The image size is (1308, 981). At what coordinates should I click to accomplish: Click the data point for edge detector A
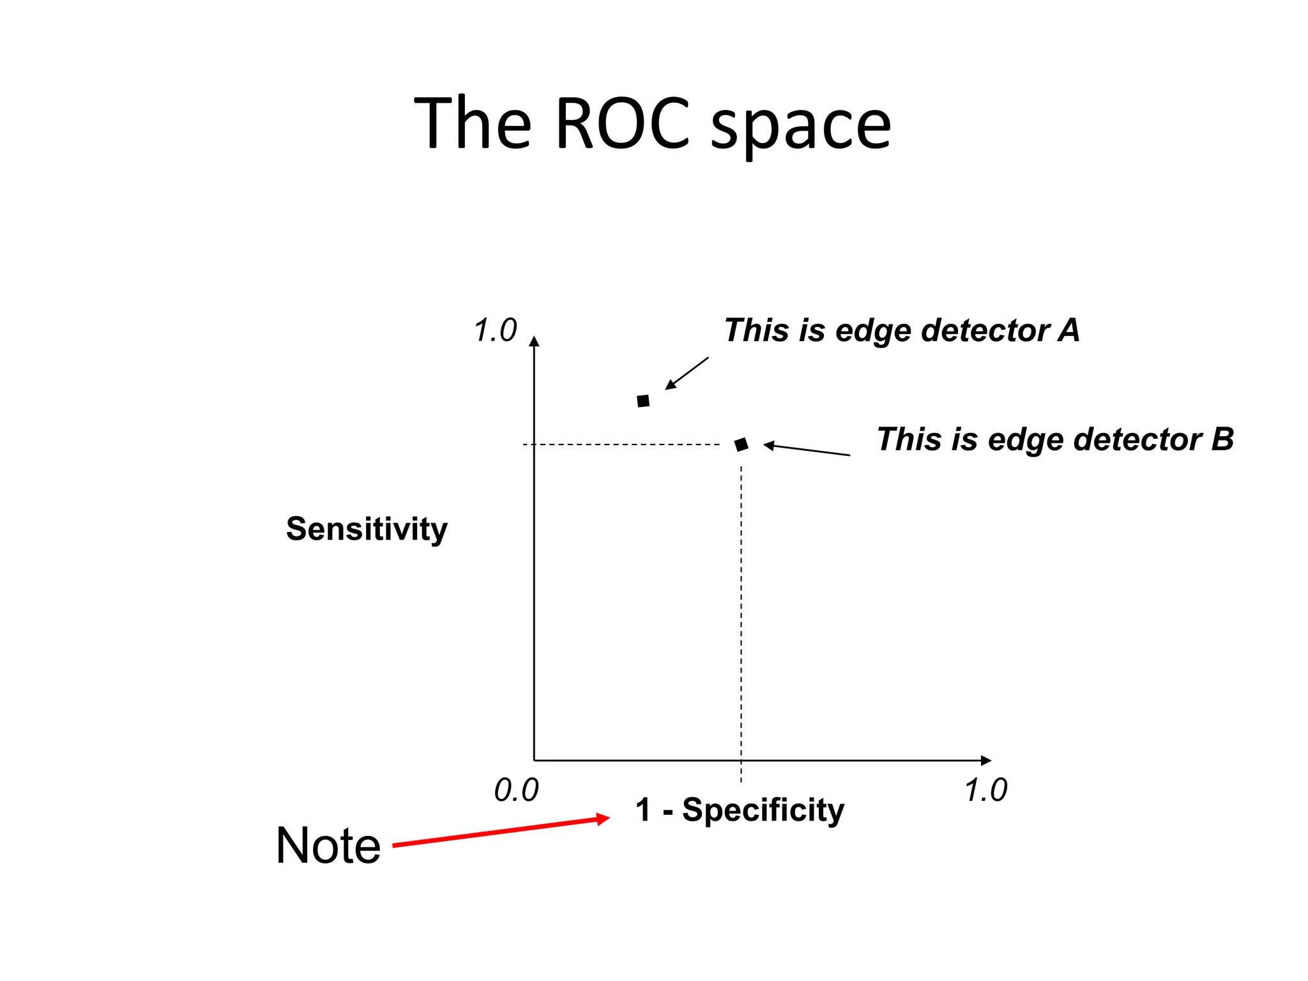point(643,401)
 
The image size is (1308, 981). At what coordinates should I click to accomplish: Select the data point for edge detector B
point(741,445)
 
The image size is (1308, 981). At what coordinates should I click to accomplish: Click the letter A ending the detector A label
point(1068,330)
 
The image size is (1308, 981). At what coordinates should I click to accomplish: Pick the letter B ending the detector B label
point(1222,439)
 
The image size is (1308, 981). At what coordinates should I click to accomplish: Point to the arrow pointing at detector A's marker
point(686,374)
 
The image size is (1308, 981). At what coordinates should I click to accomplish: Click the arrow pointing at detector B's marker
point(807,450)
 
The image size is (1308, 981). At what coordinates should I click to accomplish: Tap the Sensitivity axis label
point(367,529)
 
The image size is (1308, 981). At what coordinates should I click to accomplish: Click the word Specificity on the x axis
point(763,810)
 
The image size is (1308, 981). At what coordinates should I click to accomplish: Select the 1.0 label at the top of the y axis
point(495,331)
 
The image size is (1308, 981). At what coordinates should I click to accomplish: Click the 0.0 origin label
point(516,791)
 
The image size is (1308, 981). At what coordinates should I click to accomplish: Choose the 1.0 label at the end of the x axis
point(985,791)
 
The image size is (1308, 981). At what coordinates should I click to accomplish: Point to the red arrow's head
point(603,819)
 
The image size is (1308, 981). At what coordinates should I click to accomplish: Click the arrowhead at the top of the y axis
point(535,341)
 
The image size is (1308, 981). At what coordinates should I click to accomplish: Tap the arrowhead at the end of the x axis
point(985,760)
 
